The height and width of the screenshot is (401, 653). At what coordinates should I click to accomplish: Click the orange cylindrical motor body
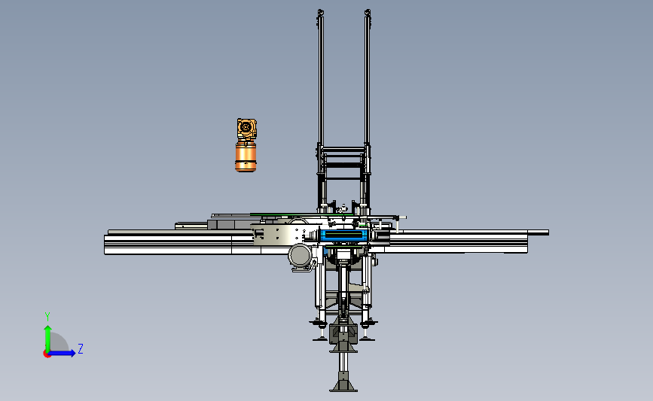click(x=246, y=156)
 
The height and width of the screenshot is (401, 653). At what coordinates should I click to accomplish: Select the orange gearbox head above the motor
click(x=246, y=129)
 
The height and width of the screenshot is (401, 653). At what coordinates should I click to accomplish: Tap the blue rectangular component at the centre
click(x=344, y=235)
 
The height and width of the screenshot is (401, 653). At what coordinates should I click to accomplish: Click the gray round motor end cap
click(x=301, y=256)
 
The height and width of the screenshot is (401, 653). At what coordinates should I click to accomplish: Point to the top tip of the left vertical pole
click(x=320, y=10)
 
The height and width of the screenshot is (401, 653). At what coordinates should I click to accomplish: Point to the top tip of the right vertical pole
click(x=368, y=10)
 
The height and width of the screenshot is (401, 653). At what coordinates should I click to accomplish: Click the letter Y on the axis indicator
click(x=47, y=317)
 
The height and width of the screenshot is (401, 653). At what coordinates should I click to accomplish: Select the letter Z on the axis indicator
click(x=81, y=348)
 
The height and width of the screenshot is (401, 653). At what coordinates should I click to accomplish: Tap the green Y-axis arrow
click(x=47, y=339)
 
